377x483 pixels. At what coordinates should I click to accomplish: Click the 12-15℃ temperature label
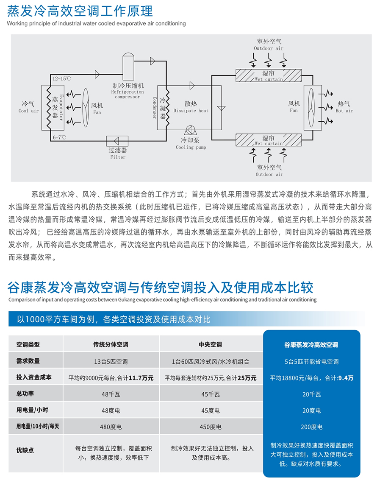tap(61, 79)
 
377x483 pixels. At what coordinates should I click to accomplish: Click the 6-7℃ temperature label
tap(59, 137)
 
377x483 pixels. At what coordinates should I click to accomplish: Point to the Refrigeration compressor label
tap(128, 91)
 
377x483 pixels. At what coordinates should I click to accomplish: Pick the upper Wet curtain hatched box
tap(269, 75)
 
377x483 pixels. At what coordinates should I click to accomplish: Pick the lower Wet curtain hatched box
tap(269, 140)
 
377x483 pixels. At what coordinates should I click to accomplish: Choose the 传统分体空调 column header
tap(111, 345)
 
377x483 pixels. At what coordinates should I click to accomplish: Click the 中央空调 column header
tap(211, 345)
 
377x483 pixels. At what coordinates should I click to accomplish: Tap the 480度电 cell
tap(111, 427)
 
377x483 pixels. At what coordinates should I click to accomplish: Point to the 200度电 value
tap(311, 427)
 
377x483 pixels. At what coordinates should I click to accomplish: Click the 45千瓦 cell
tap(211, 394)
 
